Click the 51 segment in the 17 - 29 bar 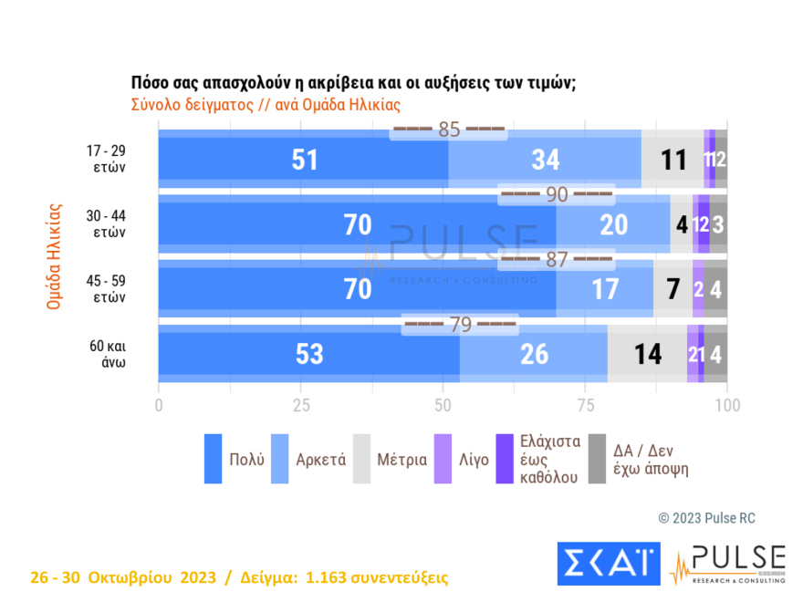tap(304, 160)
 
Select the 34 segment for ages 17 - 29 tap(545, 160)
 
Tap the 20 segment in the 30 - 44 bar tap(613, 224)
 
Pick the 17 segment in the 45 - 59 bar tap(604, 289)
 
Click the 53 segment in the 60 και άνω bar tap(309, 354)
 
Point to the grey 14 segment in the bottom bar tap(647, 354)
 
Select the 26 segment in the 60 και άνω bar tap(534, 354)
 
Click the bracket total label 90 tap(556, 194)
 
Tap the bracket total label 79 tap(460, 324)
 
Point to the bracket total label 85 tap(448, 130)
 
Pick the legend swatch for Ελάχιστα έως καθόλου tap(505, 458)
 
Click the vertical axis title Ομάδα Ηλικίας tap(53, 256)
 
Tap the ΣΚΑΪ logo tap(608, 563)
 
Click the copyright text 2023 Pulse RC tap(706, 518)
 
